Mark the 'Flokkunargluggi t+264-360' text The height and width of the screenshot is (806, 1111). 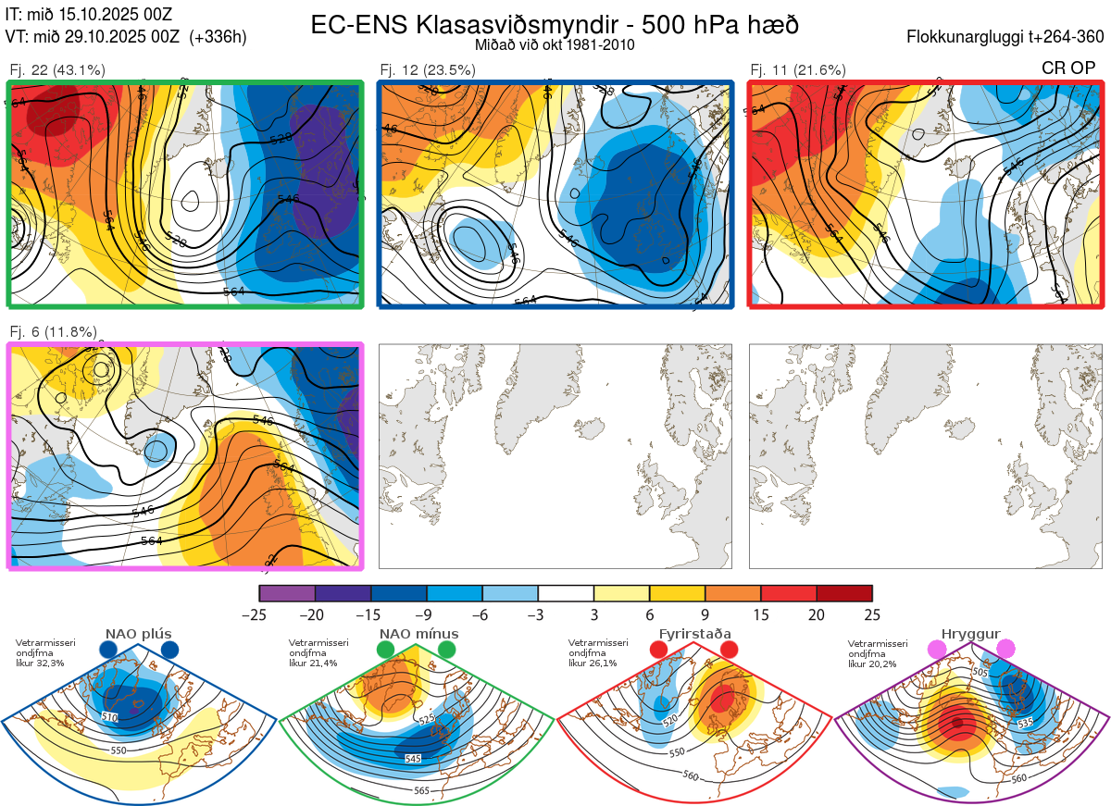tap(1008, 37)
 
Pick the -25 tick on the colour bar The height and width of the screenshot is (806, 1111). tap(259, 614)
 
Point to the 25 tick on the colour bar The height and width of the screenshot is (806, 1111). tap(872, 614)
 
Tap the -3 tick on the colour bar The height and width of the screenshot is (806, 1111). tap(538, 614)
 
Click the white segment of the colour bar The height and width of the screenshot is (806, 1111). tap(566, 593)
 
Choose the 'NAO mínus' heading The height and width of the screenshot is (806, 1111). tap(418, 634)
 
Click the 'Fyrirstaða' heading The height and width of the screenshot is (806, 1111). tap(694, 634)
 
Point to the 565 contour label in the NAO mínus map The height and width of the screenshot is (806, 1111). tap(421, 789)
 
